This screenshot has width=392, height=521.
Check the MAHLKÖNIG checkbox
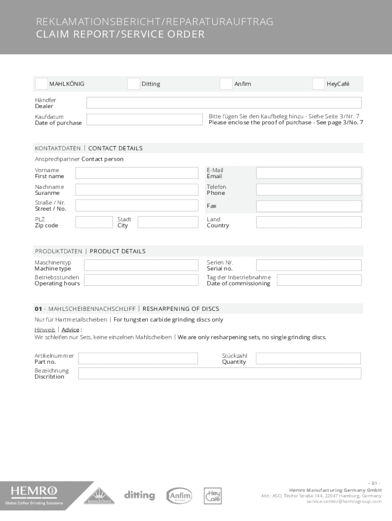(x=41, y=84)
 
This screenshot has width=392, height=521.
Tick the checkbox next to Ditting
(x=133, y=84)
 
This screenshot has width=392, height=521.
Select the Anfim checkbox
(x=226, y=84)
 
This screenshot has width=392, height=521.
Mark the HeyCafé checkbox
(x=318, y=84)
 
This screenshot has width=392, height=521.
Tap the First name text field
(x=136, y=173)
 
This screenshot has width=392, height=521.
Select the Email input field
(x=309, y=173)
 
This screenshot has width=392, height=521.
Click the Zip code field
(x=94, y=222)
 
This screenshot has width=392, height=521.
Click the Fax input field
(x=309, y=206)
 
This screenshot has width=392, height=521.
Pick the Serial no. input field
(x=309, y=265)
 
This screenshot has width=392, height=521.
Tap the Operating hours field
(x=141, y=280)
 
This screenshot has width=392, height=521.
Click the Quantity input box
(x=309, y=359)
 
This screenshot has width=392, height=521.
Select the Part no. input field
(x=138, y=359)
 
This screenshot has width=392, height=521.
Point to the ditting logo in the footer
(x=139, y=495)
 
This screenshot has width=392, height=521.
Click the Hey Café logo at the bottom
(x=213, y=496)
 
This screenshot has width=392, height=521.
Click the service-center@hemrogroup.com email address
(x=344, y=502)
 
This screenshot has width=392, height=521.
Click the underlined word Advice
(x=70, y=330)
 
